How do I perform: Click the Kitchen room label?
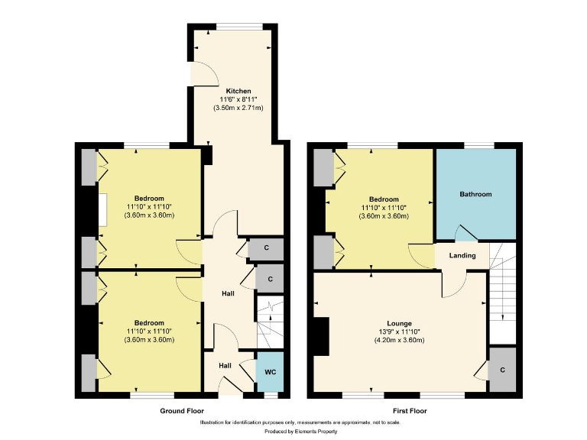coord(238,91)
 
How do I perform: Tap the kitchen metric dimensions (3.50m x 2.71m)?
coord(238,108)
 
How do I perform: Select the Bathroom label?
coord(475,194)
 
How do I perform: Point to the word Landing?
coord(462,255)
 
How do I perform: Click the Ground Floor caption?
coord(182,410)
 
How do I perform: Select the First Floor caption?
coord(410,410)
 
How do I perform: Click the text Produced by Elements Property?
coord(293,431)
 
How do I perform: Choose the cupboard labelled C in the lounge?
coord(501,370)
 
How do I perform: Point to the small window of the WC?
coord(269,395)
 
